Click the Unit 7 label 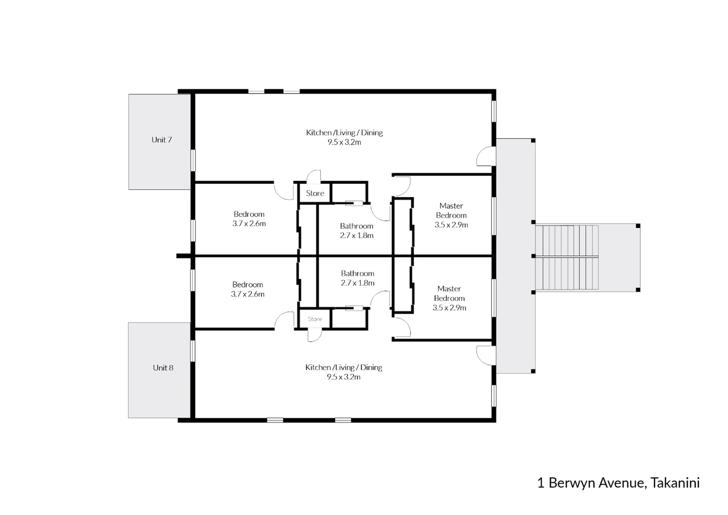click(162, 140)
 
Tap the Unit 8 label click(163, 367)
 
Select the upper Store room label click(315, 193)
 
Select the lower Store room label click(315, 319)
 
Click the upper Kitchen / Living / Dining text click(344, 133)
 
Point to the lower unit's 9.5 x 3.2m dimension click(344, 377)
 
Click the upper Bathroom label click(356, 226)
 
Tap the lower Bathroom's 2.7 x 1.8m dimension click(357, 283)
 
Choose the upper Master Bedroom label click(451, 210)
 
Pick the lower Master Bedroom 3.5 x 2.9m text click(449, 307)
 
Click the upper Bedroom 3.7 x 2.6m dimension click(249, 224)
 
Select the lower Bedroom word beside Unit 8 click(248, 285)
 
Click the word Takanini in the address click(675, 483)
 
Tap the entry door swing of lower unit click(484, 354)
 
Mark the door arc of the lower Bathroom click(379, 299)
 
